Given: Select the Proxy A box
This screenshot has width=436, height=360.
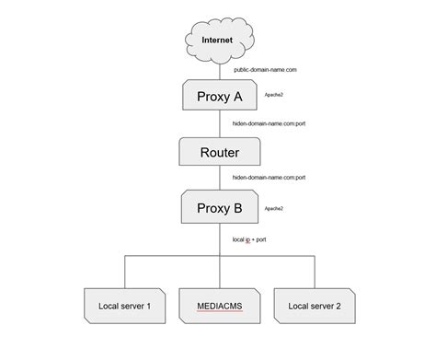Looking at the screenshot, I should tap(219, 97).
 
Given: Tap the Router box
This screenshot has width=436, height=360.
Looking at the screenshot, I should tap(219, 153).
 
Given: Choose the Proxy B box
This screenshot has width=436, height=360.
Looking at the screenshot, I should tap(219, 208).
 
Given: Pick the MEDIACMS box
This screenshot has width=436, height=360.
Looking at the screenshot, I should tap(219, 304).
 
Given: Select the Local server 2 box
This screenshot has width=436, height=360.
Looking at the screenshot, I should tap(314, 304).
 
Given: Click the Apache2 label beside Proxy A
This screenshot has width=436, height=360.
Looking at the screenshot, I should tap(273, 95).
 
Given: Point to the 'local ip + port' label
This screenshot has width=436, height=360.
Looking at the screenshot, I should tap(249, 239).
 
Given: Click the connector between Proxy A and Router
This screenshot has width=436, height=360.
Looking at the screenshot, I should tap(219, 126).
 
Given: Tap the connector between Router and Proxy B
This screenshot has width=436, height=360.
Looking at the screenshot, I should tap(219, 180).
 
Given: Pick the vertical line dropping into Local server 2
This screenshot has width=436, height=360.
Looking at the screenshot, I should tap(314, 272).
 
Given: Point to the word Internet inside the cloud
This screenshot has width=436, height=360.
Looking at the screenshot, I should tap(218, 40).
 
